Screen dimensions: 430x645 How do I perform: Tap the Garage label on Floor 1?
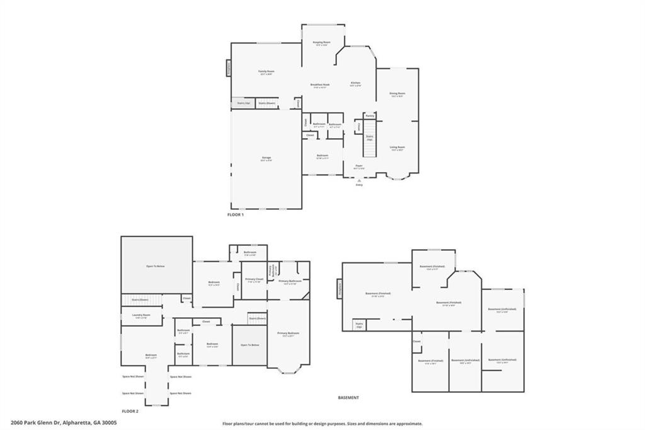tap(266, 158)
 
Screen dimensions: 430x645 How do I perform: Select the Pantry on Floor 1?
tap(370, 116)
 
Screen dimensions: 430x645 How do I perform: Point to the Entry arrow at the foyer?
tap(359, 180)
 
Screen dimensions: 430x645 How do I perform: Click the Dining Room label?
tap(397, 95)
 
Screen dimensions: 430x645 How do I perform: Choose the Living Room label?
tap(397, 148)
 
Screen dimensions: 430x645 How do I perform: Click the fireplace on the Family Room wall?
tap(228, 67)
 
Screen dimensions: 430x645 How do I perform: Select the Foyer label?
tap(358, 167)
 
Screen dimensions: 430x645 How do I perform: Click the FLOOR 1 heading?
tap(235, 215)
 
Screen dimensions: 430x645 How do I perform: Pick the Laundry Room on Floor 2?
tap(141, 316)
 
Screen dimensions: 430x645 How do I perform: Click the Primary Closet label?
tap(254, 279)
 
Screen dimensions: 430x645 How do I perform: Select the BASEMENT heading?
tap(348, 398)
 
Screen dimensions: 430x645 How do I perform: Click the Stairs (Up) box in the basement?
tap(360, 325)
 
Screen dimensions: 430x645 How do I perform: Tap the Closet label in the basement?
tap(417, 342)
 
